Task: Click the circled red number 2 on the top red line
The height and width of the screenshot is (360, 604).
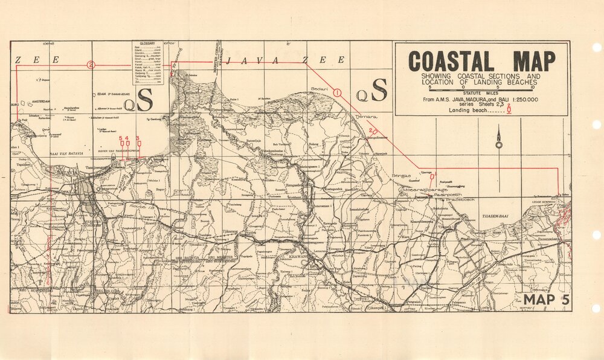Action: (91, 65)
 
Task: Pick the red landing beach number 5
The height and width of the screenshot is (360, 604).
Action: (121, 139)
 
